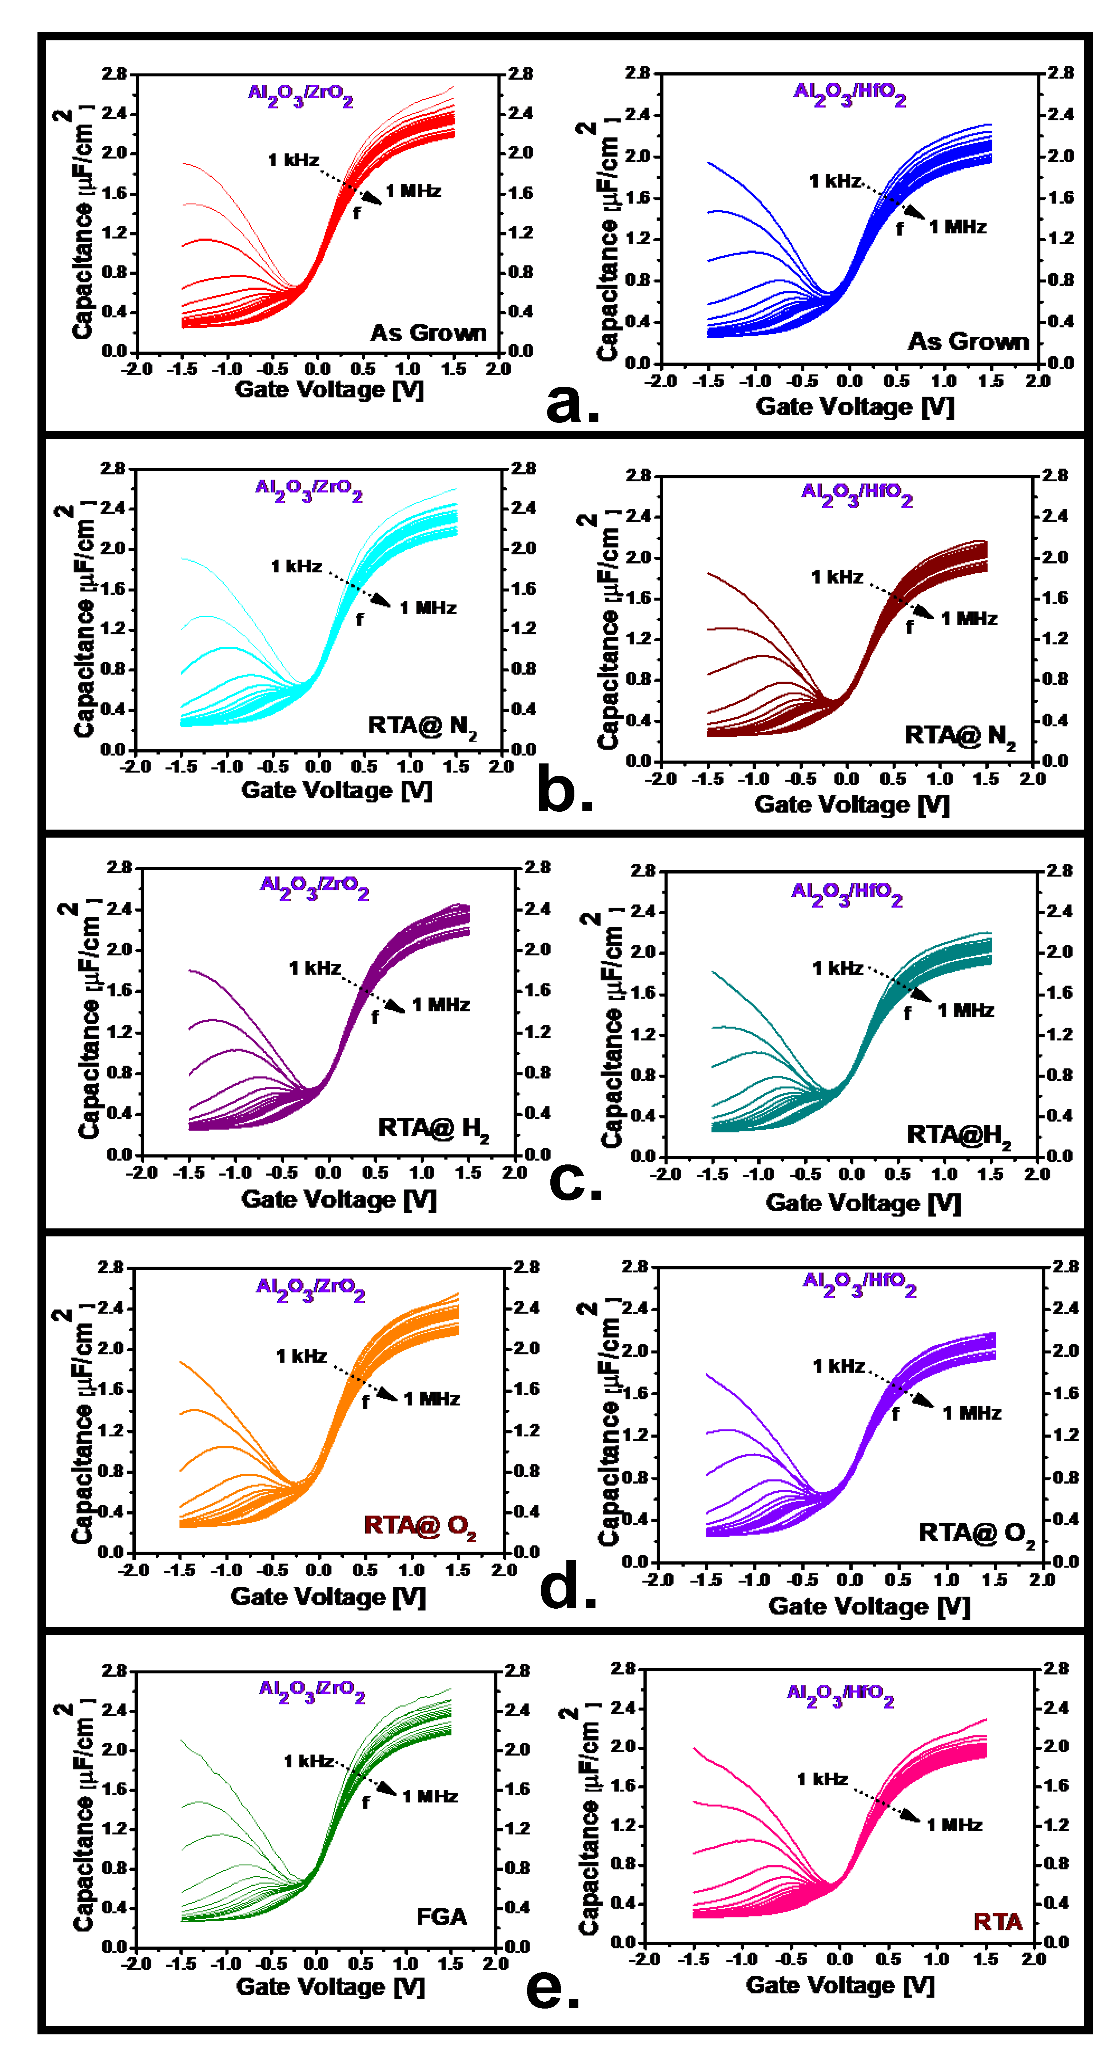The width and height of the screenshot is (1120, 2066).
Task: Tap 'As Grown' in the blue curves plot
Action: point(968,342)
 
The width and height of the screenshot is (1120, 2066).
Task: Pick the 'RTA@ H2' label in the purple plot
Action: point(433,1128)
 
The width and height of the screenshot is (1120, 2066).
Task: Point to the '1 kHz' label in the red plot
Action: point(294,160)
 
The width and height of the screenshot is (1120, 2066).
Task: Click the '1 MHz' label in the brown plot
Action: point(969,618)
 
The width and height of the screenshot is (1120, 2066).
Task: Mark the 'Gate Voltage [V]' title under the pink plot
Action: point(840,1985)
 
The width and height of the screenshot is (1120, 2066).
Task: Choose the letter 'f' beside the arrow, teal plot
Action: point(908,1014)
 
